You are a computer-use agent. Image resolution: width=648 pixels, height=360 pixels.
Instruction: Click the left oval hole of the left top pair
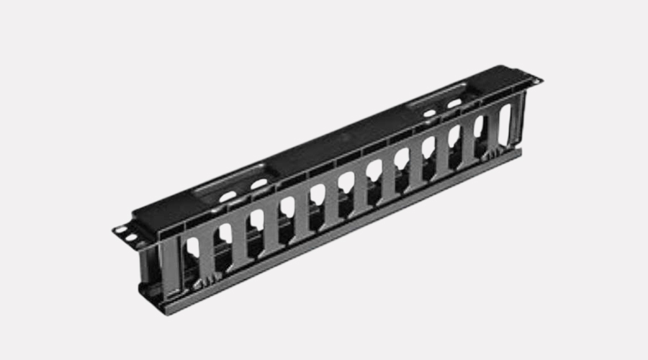pyautogui.click(x=228, y=195)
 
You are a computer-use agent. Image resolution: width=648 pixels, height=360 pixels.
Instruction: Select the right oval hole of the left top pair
pyautogui.click(x=258, y=184)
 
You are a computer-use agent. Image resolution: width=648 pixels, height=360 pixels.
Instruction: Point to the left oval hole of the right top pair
pyautogui.click(x=429, y=113)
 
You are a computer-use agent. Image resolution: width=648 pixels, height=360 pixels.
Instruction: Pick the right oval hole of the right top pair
pyautogui.click(x=454, y=103)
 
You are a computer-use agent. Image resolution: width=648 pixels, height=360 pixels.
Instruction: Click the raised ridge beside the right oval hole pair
pyautogui.click(x=436, y=96)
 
